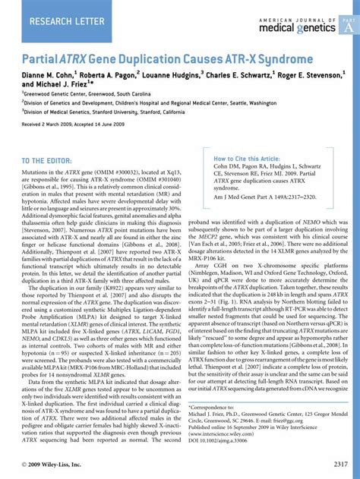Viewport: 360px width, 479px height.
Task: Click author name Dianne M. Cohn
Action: point(47,76)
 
